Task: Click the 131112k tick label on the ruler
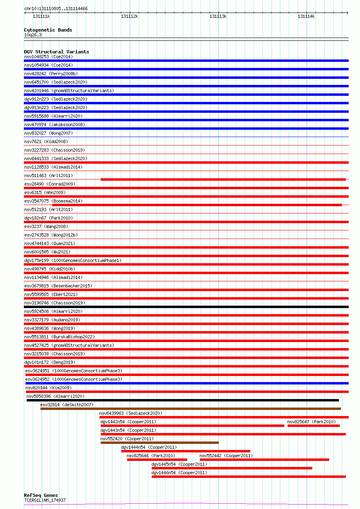[129, 16]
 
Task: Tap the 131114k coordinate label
[306, 16]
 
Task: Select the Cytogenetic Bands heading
[48, 30]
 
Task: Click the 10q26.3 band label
[33, 35]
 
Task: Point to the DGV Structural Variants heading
[56, 52]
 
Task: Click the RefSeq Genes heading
[41, 495]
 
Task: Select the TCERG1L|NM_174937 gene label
[45, 500]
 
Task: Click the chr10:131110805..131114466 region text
[56, 8]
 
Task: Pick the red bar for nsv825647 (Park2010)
[313, 425]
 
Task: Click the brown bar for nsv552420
[159, 443]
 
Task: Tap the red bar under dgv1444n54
[186, 451]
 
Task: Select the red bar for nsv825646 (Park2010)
[157, 460]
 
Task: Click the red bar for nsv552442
[264, 460]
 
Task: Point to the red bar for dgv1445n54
[232, 468]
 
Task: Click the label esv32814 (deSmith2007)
[67, 405]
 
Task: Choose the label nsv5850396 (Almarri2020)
[55, 396]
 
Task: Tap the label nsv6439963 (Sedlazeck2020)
[131, 413]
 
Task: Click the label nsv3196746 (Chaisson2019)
[54, 303]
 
